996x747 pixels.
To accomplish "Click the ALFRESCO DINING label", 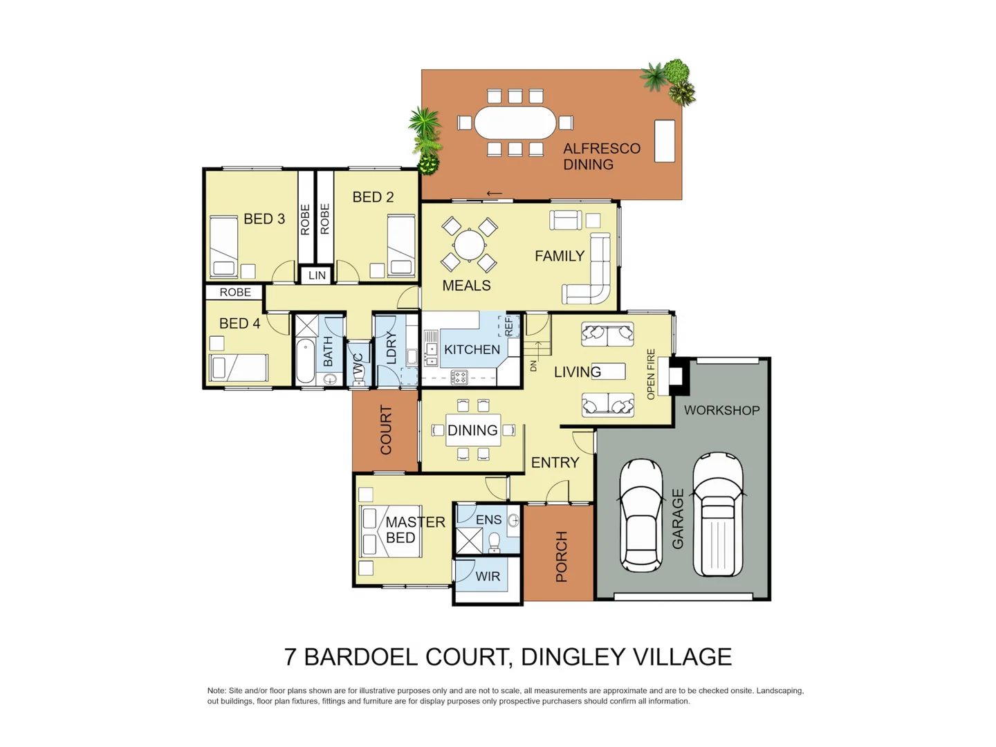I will (x=601, y=156).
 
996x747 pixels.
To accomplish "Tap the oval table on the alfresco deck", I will (x=515, y=123).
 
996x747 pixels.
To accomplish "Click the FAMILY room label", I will (x=560, y=256).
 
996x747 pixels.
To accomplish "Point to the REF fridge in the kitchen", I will (x=509, y=326).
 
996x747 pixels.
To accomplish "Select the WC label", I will (x=358, y=365).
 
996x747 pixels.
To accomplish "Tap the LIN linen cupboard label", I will (x=317, y=275).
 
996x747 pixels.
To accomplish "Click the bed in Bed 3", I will (x=224, y=246).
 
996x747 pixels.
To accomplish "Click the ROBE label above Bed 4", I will (x=235, y=293).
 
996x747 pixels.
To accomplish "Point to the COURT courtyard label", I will (x=386, y=430).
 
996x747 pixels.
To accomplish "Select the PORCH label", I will (x=562, y=556).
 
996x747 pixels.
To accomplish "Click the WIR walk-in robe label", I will (x=488, y=576).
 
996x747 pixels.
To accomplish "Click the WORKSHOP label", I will (x=721, y=410).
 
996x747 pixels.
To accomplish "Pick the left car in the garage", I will (x=641, y=515).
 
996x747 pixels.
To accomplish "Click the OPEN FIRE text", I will (x=651, y=374).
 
